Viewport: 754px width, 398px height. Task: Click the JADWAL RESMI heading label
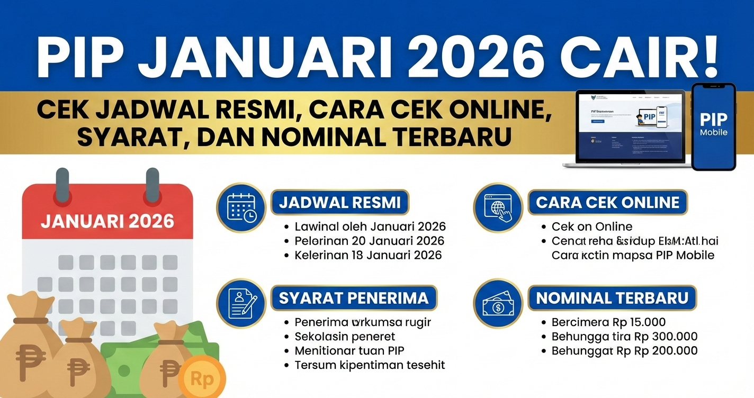click(340, 202)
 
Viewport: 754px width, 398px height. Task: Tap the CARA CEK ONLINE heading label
click(607, 202)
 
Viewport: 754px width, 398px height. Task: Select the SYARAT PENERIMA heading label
click(353, 298)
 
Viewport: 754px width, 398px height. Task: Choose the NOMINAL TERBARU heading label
click(612, 298)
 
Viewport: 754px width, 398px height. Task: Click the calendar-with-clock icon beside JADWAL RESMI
click(241, 207)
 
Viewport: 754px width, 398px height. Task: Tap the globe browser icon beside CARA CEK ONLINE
click(498, 207)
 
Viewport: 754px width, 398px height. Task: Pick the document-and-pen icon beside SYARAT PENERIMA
click(241, 303)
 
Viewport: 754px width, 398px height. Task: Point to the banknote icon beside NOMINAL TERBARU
click(498, 303)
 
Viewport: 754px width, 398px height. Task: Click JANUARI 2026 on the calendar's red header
click(107, 220)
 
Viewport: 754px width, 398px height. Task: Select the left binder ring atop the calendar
click(62, 185)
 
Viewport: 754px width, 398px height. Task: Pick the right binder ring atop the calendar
click(152, 185)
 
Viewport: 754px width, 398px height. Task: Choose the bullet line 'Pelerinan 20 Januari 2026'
click(369, 241)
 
